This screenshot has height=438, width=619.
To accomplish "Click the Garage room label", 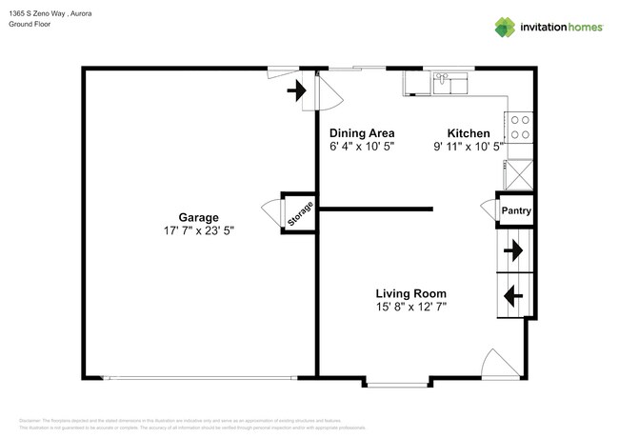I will tap(198, 217).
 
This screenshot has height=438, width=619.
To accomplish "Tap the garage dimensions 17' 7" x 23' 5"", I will tap(198, 230).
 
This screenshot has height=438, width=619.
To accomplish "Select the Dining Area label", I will tap(362, 133).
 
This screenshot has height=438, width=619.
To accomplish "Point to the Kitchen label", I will tap(469, 133).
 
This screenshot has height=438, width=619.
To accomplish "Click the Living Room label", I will tap(410, 293).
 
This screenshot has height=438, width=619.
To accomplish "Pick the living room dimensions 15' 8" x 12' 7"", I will tap(410, 307).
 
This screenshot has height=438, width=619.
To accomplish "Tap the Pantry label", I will tap(516, 211).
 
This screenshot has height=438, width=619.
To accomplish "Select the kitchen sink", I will tap(446, 84).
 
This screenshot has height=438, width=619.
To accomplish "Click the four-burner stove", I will tap(520, 127).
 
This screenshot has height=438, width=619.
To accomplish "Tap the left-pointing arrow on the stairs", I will tap(512, 295).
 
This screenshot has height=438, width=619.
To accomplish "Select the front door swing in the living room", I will tap(498, 364).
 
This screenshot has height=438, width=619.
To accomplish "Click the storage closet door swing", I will tap(270, 209).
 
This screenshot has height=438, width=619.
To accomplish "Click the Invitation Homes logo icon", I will tap(507, 27).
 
